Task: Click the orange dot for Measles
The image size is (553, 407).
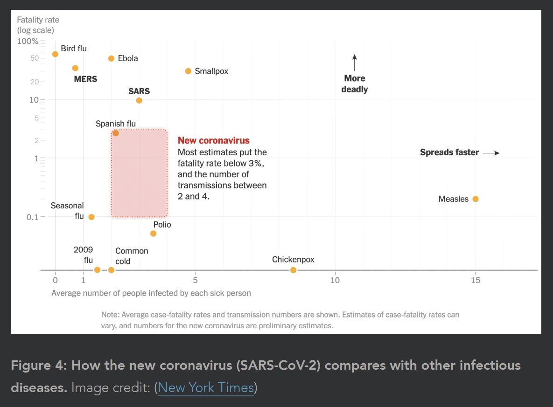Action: pos(476,199)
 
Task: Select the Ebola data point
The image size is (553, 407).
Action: pos(111,59)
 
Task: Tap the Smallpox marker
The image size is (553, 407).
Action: pos(188,71)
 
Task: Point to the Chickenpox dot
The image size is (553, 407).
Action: pos(293,270)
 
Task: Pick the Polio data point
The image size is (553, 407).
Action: pos(153,234)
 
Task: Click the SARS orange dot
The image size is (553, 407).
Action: pos(139,101)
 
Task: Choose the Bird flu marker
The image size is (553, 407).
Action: pos(55,54)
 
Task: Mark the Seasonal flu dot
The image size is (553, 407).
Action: pos(91,217)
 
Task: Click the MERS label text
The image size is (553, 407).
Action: pos(85,79)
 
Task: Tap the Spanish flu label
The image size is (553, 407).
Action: pos(116,124)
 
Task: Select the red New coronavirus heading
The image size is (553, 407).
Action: pos(214,141)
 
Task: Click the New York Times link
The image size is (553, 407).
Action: pos(206,387)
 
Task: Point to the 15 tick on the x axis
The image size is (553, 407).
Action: pos(476,280)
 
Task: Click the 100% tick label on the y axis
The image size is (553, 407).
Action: pos(28,41)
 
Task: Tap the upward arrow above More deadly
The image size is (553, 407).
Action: pos(355,62)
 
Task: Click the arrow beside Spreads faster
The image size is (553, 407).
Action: pos(491,152)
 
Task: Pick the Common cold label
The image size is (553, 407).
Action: pos(132,256)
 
